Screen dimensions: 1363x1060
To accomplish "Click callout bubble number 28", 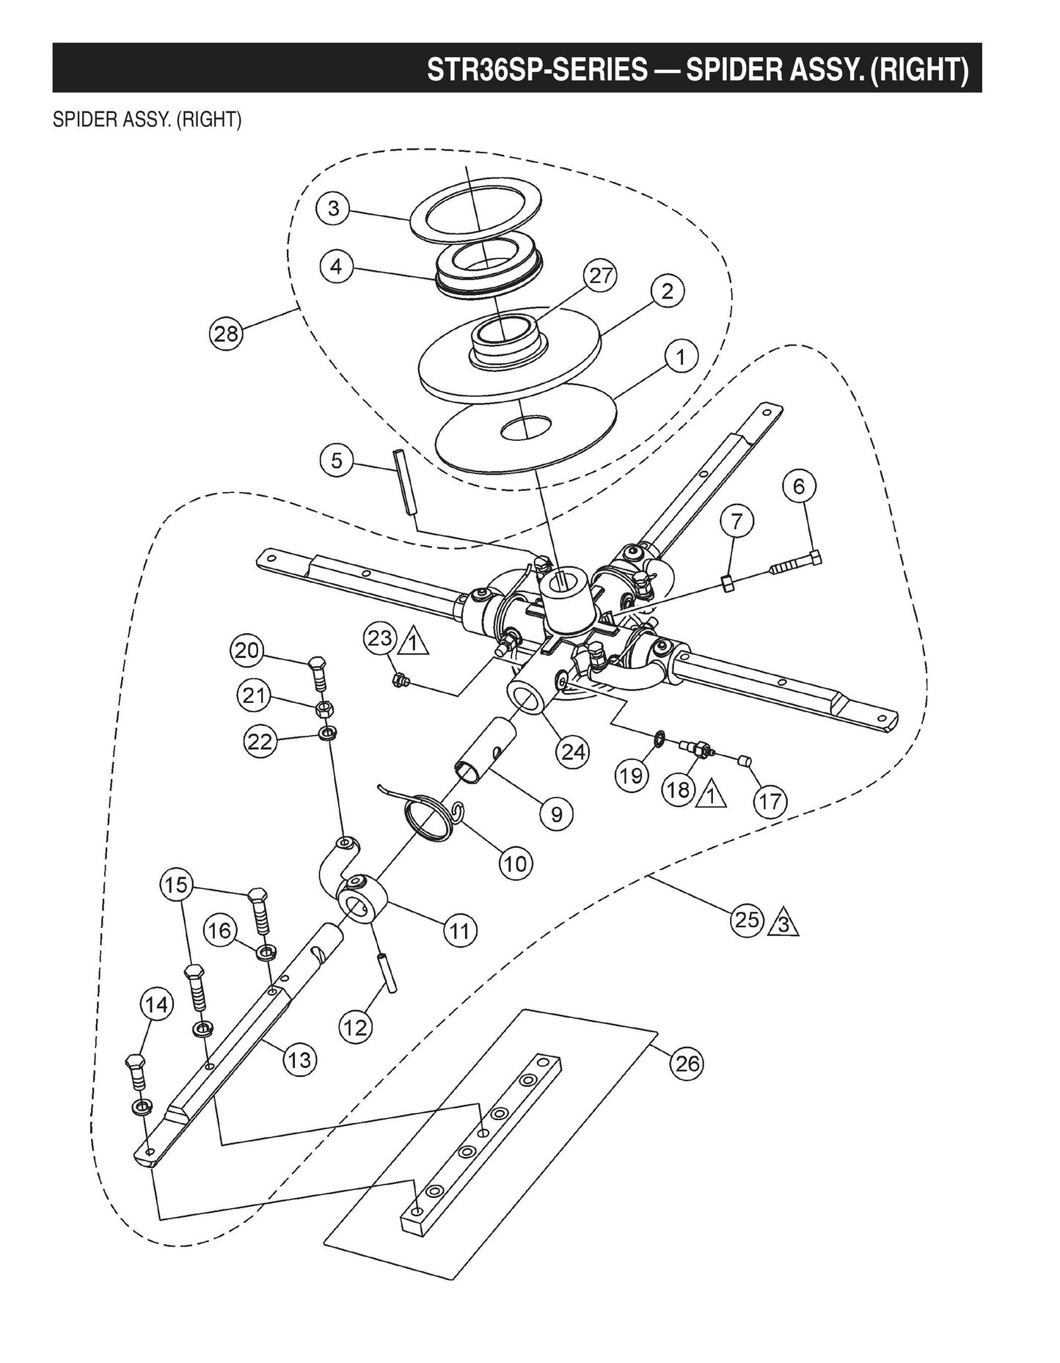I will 226,334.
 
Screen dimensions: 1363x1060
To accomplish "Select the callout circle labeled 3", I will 334,208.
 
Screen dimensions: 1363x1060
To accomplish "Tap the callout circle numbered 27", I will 600,276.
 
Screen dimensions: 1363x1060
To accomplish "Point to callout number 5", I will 337,461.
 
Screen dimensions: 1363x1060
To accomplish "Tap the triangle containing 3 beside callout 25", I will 783,924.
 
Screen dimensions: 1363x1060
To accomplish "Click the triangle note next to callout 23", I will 414,643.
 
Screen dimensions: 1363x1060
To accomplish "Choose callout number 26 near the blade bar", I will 687,1063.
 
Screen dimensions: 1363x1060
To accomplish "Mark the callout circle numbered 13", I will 299,1059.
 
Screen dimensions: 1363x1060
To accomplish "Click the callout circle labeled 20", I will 247,651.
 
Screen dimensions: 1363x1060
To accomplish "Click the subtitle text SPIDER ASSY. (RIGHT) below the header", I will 147,120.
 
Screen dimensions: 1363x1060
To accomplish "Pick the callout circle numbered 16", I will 219,930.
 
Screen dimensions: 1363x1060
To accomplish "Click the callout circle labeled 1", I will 681,357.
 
